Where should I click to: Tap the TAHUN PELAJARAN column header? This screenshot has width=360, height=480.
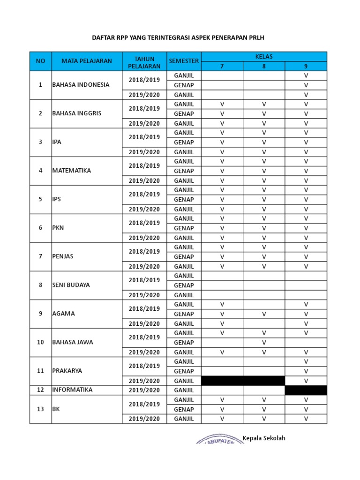(x=144, y=61)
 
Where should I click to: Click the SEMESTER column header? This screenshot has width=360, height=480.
(x=184, y=61)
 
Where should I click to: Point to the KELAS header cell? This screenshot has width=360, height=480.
(x=264, y=56)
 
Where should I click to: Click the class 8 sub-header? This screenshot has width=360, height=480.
(x=264, y=66)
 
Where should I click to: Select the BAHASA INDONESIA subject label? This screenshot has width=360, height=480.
(x=81, y=85)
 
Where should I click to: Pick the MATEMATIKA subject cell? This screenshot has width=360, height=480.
(x=71, y=171)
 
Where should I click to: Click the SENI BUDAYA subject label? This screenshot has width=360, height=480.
(x=71, y=285)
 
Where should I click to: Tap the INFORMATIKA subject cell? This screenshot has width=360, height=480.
(x=72, y=390)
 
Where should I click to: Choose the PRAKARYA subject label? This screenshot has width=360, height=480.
(x=67, y=371)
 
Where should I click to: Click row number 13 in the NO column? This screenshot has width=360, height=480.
(x=40, y=409)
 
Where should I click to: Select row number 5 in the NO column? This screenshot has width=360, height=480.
(x=40, y=199)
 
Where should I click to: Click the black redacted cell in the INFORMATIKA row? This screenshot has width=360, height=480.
(x=306, y=390)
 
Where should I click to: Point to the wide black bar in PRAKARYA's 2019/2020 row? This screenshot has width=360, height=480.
(x=243, y=380)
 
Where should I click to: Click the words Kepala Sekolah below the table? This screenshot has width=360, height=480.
(x=264, y=438)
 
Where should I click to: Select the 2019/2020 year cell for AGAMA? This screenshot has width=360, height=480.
(x=144, y=323)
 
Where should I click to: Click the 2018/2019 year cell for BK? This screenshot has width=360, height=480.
(x=144, y=404)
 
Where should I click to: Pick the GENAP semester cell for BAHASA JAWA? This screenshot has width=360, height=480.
(x=184, y=343)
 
